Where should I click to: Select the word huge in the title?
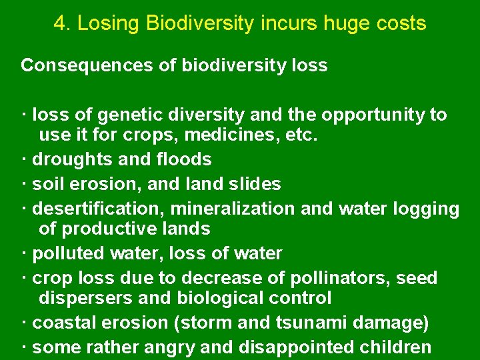coord(347,24)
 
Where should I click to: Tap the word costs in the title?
coord(400,24)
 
